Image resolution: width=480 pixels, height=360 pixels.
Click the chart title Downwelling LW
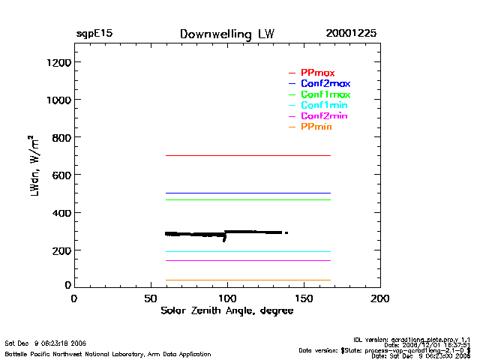point(227,34)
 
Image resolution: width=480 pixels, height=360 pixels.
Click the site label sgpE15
point(94,34)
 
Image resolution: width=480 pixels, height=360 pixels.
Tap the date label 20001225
point(351,34)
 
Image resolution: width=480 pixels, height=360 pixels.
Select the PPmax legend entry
point(317,73)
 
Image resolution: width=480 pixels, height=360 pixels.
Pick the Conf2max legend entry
point(325,84)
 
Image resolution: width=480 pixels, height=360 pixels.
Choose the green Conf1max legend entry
point(325,95)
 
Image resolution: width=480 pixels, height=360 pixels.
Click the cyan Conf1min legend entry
point(324,106)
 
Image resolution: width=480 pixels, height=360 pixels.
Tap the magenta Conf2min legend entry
point(324,116)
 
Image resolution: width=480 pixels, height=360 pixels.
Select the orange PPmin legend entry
point(316,127)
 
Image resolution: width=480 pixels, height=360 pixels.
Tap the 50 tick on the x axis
point(150,298)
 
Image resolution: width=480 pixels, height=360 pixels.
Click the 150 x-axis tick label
point(304,298)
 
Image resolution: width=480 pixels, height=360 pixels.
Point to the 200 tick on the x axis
point(380,298)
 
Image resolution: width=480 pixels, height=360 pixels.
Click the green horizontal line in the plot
point(247,199)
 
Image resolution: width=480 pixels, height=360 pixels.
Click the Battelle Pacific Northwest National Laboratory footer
point(108,354)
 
